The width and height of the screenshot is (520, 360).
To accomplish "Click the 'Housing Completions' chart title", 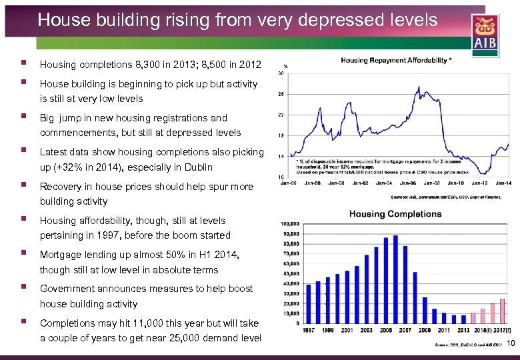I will point(395,214).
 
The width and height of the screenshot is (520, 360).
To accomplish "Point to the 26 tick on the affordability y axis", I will point(281,94).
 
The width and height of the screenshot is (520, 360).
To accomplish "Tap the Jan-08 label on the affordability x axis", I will point(432,183).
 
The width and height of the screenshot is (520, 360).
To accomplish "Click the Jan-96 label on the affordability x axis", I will point(288,183).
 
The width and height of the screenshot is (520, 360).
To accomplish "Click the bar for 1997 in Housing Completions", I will point(308,303).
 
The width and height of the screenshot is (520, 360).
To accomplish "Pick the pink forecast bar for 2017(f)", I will point(502,311).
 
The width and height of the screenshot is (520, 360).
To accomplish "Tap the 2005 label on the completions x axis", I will point(386,331).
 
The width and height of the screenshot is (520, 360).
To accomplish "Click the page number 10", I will point(511,344).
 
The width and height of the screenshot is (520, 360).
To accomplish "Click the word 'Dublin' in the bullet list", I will point(197,167).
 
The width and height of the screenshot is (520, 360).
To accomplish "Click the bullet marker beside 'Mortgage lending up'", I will point(23,254).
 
